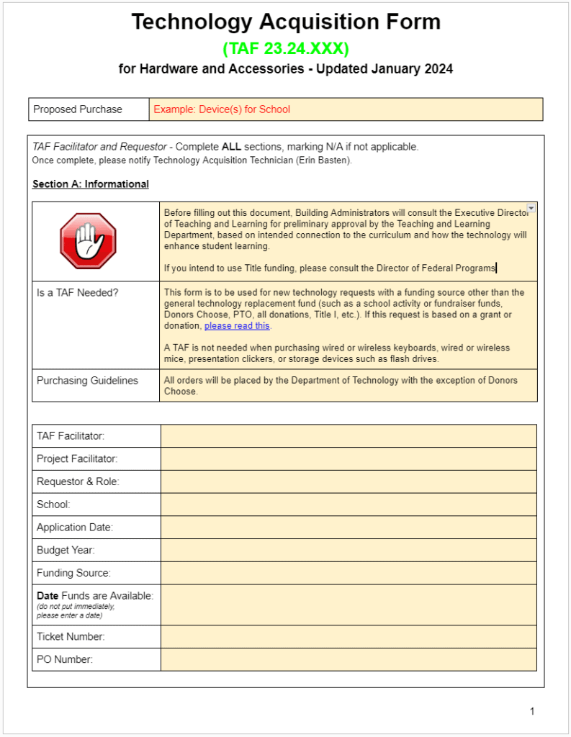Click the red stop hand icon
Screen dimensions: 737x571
(88, 241)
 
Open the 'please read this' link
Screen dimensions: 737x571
(237, 326)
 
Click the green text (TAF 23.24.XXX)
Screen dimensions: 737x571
(285, 49)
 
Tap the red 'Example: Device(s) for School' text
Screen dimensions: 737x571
(222, 109)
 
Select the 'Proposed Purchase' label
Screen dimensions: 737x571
(78, 109)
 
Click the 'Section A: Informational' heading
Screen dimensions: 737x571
(91, 184)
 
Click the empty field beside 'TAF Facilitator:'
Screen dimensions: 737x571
(349, 436)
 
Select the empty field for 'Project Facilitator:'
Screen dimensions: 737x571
(349, 459)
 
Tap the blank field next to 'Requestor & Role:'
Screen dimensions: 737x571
(349, 481)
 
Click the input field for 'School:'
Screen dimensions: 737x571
(349, 505)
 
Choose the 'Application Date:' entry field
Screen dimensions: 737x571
(349, 528)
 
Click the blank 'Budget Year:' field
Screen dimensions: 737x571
(349, 551)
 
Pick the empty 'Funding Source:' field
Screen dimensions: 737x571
(349, 573)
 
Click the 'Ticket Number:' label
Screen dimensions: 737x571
(71, 637)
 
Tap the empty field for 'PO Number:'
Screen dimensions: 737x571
(349, 659)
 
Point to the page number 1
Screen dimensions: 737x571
(532, 712)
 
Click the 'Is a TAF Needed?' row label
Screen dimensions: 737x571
(77, 293)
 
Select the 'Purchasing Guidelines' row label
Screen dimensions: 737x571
(87, 381)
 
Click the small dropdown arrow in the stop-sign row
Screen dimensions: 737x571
(531, 208)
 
